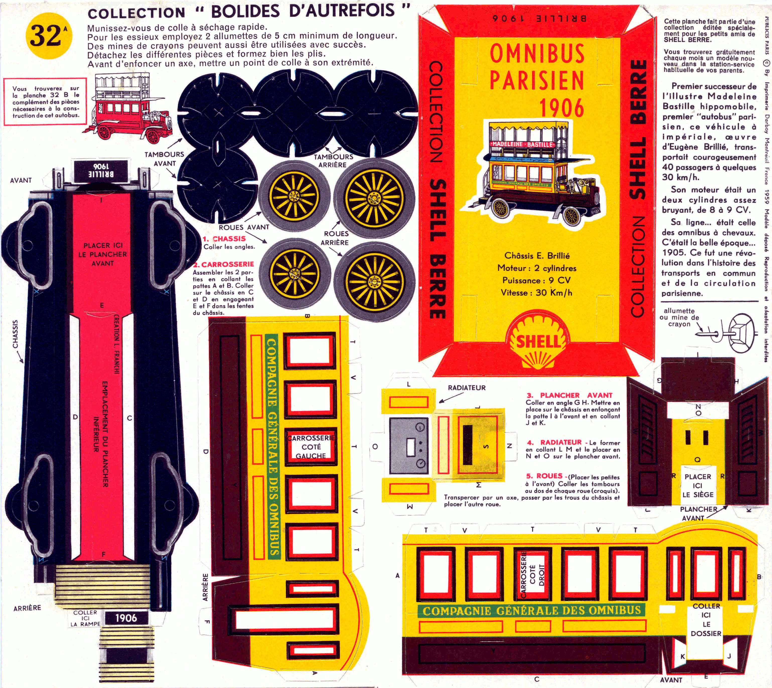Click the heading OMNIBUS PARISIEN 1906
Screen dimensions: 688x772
(x=537, y=80)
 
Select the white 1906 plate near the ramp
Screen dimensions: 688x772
(x=126, y=618)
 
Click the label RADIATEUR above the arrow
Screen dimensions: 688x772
(x=467, y=388)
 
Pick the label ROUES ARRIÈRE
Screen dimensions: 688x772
(x=335, y=238)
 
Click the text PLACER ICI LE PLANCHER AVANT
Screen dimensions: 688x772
(x=103, y=254)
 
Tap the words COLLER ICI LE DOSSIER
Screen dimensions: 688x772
(x=706, y=619)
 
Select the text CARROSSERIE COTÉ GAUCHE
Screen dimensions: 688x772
(x=311, y=447)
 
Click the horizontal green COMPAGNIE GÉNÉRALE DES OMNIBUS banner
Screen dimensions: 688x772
(x=531, y=610)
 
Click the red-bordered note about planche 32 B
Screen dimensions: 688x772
(x=45, y=101)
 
